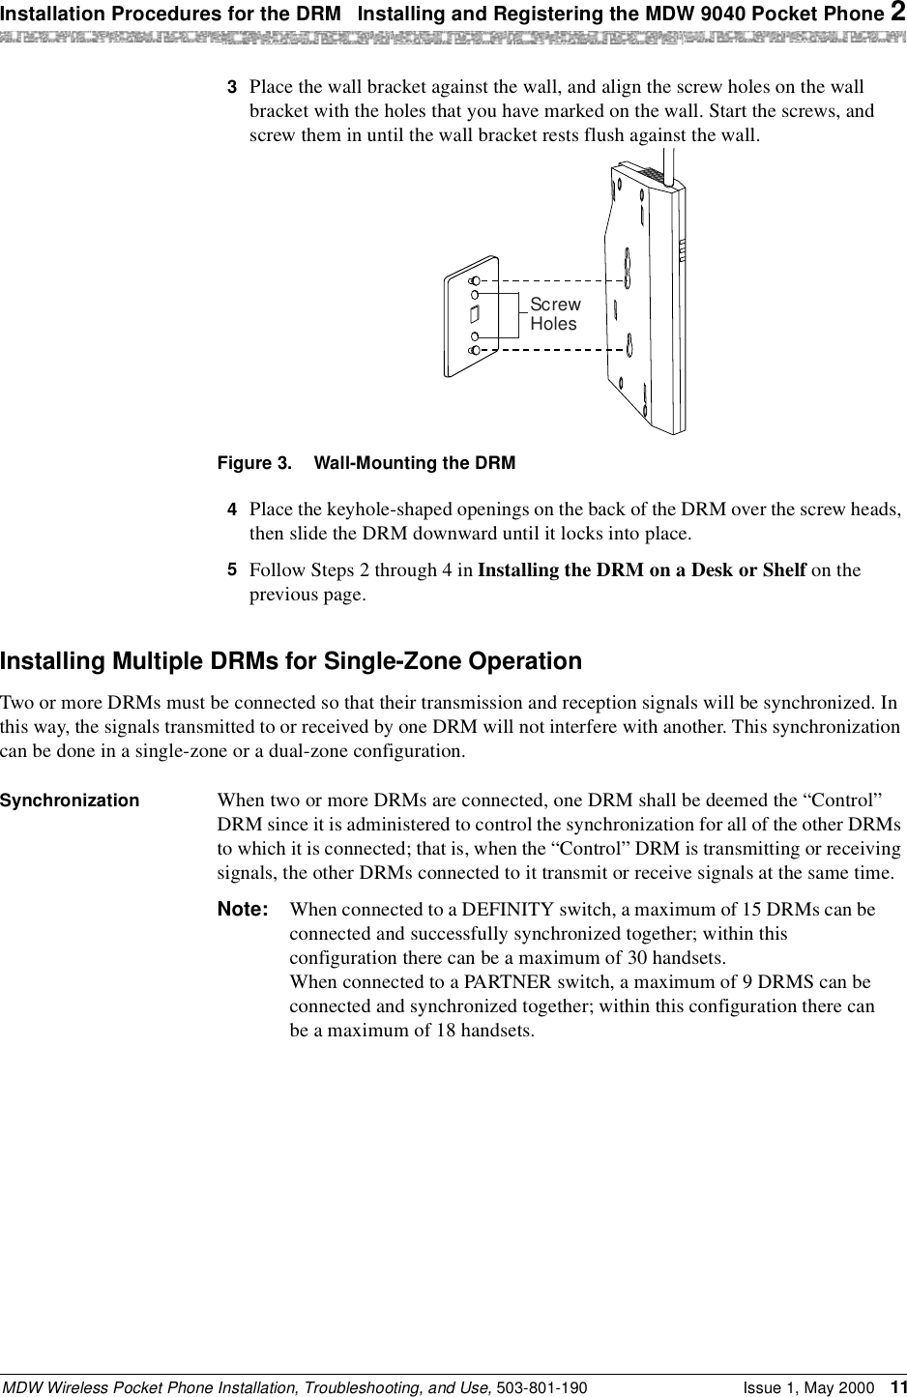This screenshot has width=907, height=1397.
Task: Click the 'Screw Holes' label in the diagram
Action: [x=554, y=314]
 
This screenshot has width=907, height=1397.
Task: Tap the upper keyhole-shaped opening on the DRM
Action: [x=628, y=262]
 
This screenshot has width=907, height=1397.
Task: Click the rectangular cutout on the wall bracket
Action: [x=474, y=313]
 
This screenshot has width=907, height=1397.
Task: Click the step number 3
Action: [x=232, y=86]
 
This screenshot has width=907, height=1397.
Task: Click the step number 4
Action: [x=232, y=508]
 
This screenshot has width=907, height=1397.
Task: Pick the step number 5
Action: [x=232, y=569]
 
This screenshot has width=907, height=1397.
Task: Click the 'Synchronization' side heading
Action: [x=70, y=800]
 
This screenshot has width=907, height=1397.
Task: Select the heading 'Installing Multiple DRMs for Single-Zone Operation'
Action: [x=291, y=661]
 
